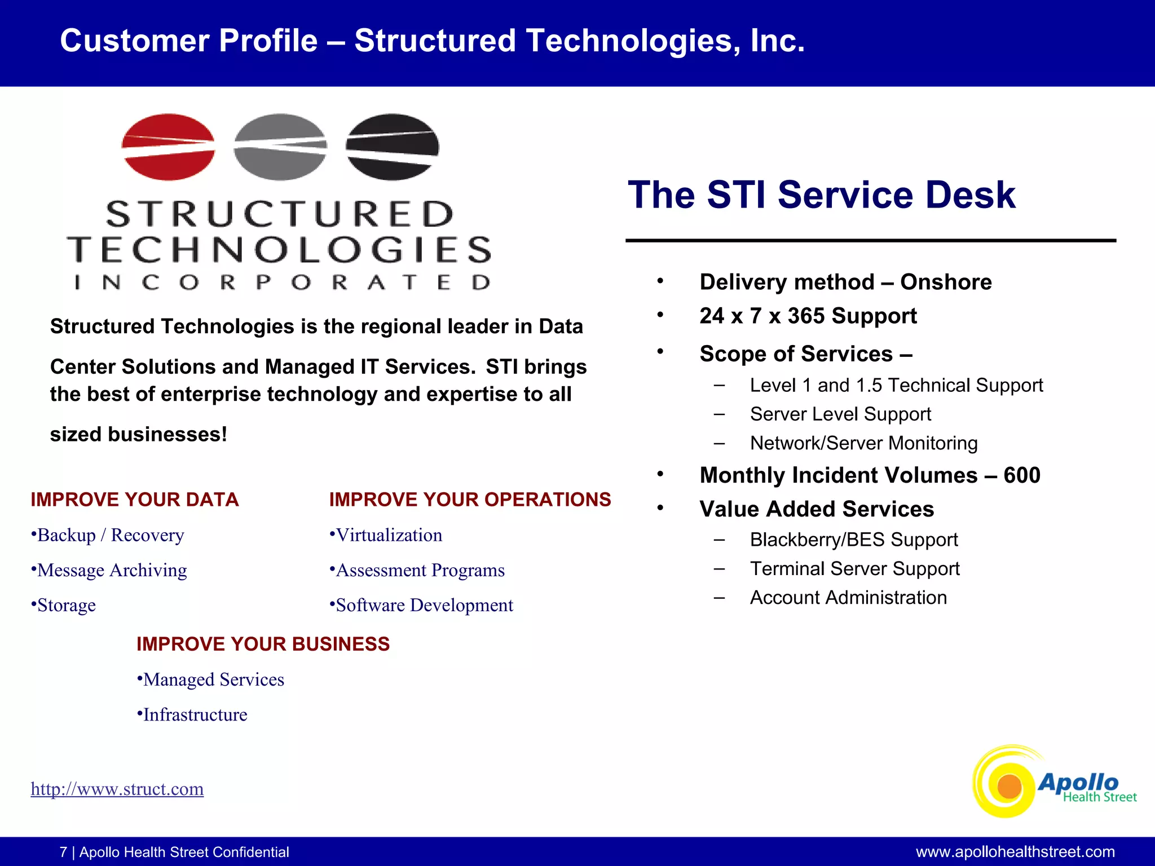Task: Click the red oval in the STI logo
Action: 168,147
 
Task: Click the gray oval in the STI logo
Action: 280,147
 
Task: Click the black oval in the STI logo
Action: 392,147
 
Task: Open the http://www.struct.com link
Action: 117,789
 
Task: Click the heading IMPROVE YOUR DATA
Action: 135,500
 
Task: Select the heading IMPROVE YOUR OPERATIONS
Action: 470,500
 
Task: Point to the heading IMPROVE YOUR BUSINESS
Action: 263,644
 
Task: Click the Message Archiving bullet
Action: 112,570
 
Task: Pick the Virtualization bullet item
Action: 389,535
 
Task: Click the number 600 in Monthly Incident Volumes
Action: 1022,475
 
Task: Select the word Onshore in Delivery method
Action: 946,282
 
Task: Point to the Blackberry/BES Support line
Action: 854,540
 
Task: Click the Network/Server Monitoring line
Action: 863,443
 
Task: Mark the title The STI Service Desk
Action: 821,195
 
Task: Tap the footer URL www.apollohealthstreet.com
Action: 1015,852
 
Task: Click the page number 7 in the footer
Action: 63,852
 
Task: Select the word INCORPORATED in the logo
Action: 282,282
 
